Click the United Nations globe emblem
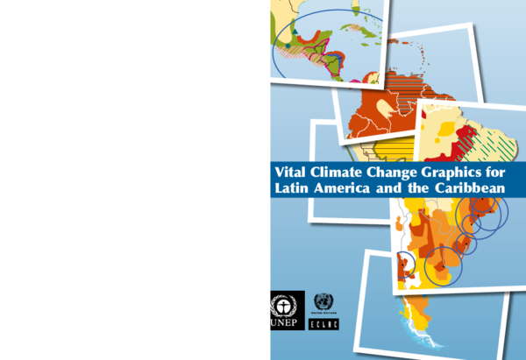click(324, 303)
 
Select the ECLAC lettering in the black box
click(324, 324)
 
